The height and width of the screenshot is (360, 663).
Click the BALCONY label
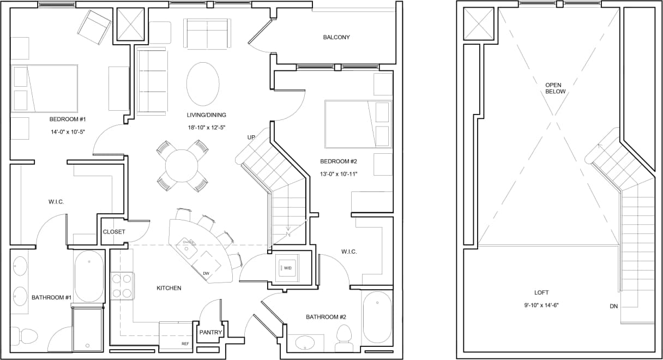(x=336, y=38)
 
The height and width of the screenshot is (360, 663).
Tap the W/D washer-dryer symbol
(x=287, y=268)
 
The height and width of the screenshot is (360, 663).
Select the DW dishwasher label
(x=206, y=273)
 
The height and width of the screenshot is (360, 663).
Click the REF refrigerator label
(x=185, y=344)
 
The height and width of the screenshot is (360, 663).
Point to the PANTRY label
(x=209, y=332)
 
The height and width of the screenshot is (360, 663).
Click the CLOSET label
(x=114, y=232)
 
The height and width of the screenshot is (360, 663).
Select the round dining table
(x=182, y=166)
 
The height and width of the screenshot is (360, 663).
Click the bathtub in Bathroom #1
(x=89, y=276)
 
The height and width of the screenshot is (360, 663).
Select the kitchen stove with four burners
(x=122, y=286)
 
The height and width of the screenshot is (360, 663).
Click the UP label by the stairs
(x=251, y=137)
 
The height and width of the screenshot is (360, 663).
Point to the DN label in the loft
(x=614, y=307)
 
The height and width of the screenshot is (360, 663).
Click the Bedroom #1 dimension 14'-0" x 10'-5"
(x=68, y=132)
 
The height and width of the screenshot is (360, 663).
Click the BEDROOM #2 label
(x=338, y=161)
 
